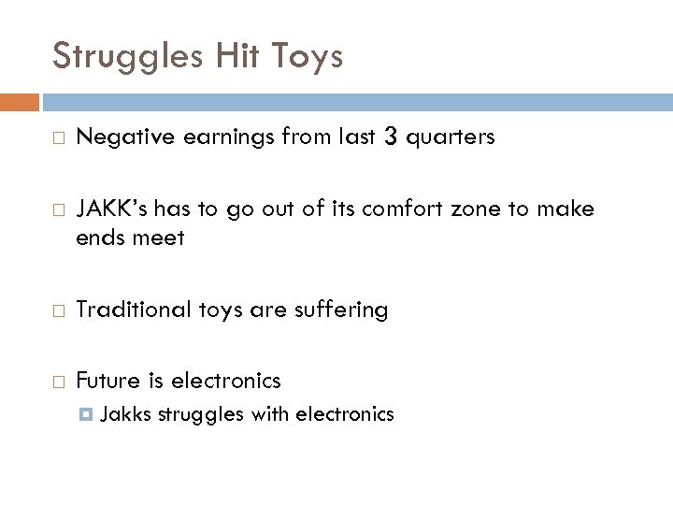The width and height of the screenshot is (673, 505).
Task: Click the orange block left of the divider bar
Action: click(20, 101)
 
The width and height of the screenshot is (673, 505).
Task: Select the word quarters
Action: click(451, 138)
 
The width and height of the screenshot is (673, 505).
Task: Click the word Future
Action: click(107, 381)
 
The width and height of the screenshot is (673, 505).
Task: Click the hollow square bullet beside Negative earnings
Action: click(58, 138)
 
